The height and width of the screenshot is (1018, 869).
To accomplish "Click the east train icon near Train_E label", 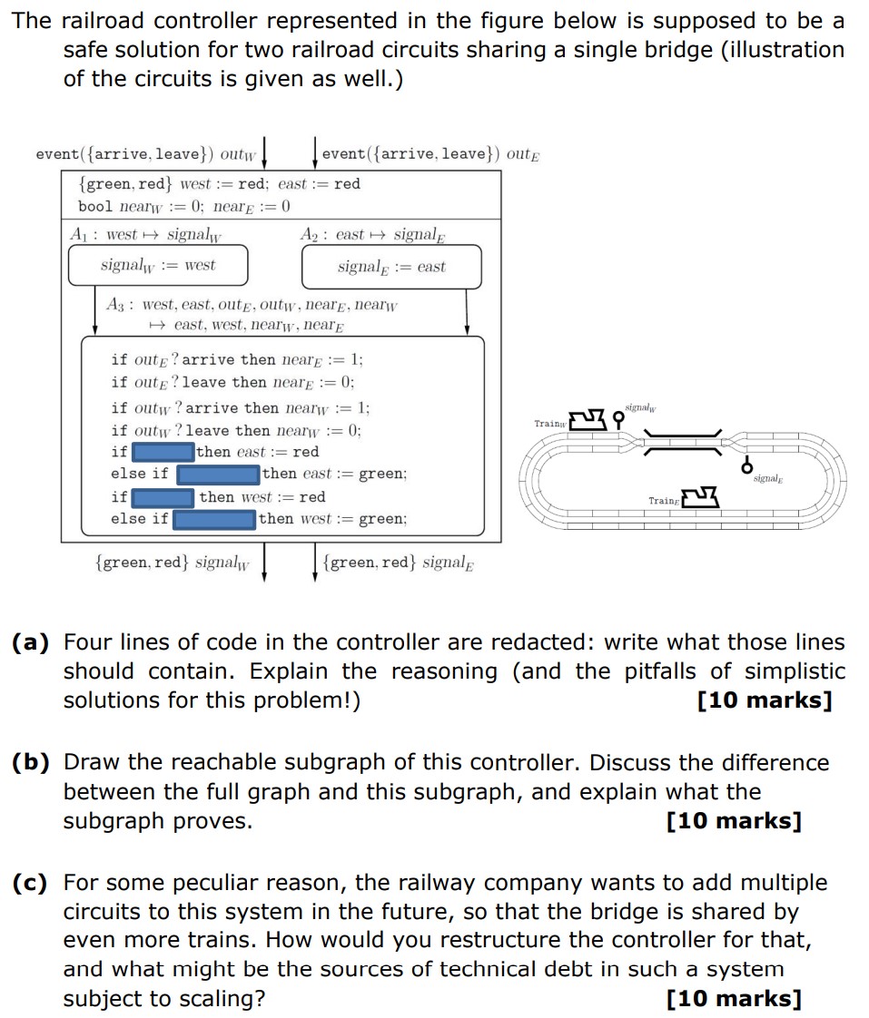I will coord(699,496).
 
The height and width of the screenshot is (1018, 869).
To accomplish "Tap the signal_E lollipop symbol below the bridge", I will coord(747,465).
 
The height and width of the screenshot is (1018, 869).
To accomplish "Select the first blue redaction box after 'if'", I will coord(163,452).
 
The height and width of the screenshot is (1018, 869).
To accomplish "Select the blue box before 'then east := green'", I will coord(218,474).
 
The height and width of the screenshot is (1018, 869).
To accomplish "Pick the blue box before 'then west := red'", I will coord(163,497).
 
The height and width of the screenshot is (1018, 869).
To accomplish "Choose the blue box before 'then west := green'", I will coord(214,519).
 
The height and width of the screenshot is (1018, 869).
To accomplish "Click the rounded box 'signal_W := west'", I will coord(158,266).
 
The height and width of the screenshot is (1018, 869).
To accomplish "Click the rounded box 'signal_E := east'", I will coord(391,267).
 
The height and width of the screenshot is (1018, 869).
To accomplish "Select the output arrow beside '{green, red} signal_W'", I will coord(264,562).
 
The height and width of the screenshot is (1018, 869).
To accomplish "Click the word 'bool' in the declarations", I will coord(95,206).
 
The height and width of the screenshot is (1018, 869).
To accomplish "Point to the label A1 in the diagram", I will coord(82,235).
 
